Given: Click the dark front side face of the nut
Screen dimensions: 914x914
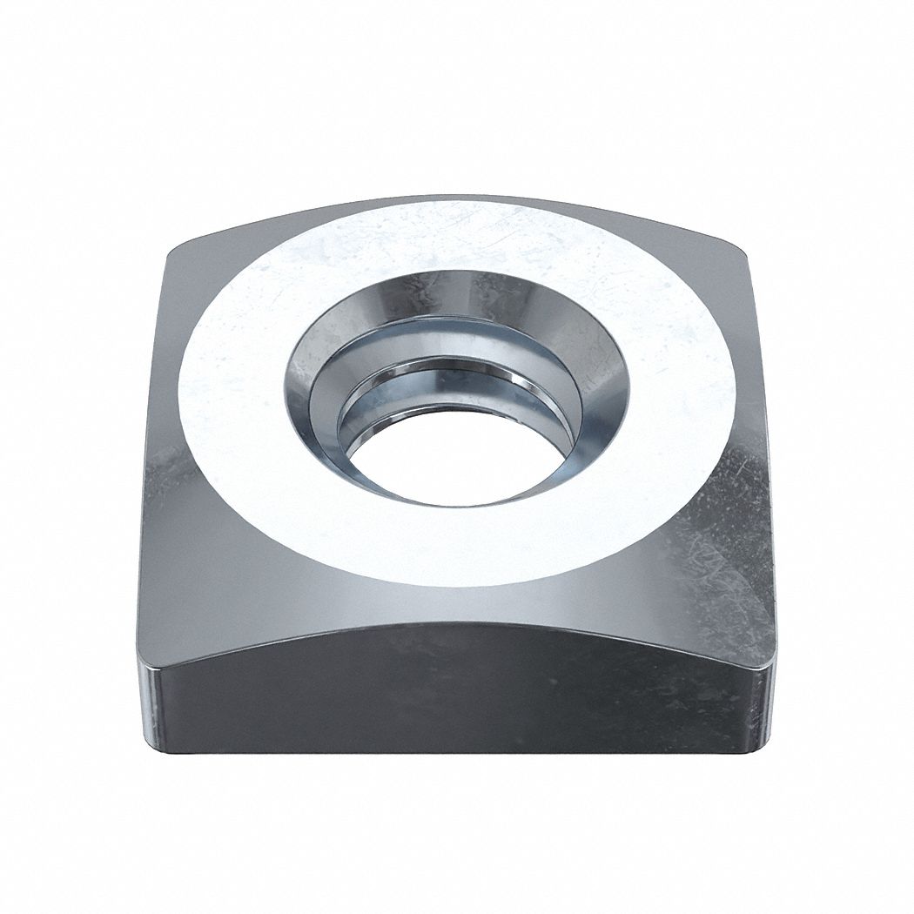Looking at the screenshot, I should pyautogui.click(x=453, y=696).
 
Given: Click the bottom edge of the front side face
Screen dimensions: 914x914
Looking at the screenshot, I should pyautogui.click(x=453, y=754).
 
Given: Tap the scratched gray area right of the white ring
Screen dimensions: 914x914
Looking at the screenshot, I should pyautogui.click(x=722, y=522).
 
